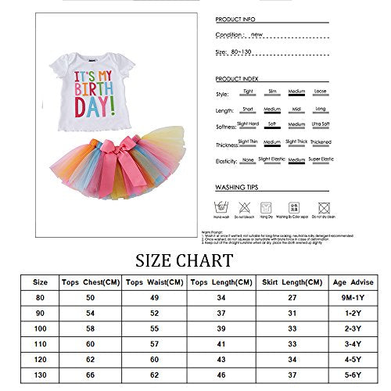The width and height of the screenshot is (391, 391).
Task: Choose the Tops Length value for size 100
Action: click(223, 329)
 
